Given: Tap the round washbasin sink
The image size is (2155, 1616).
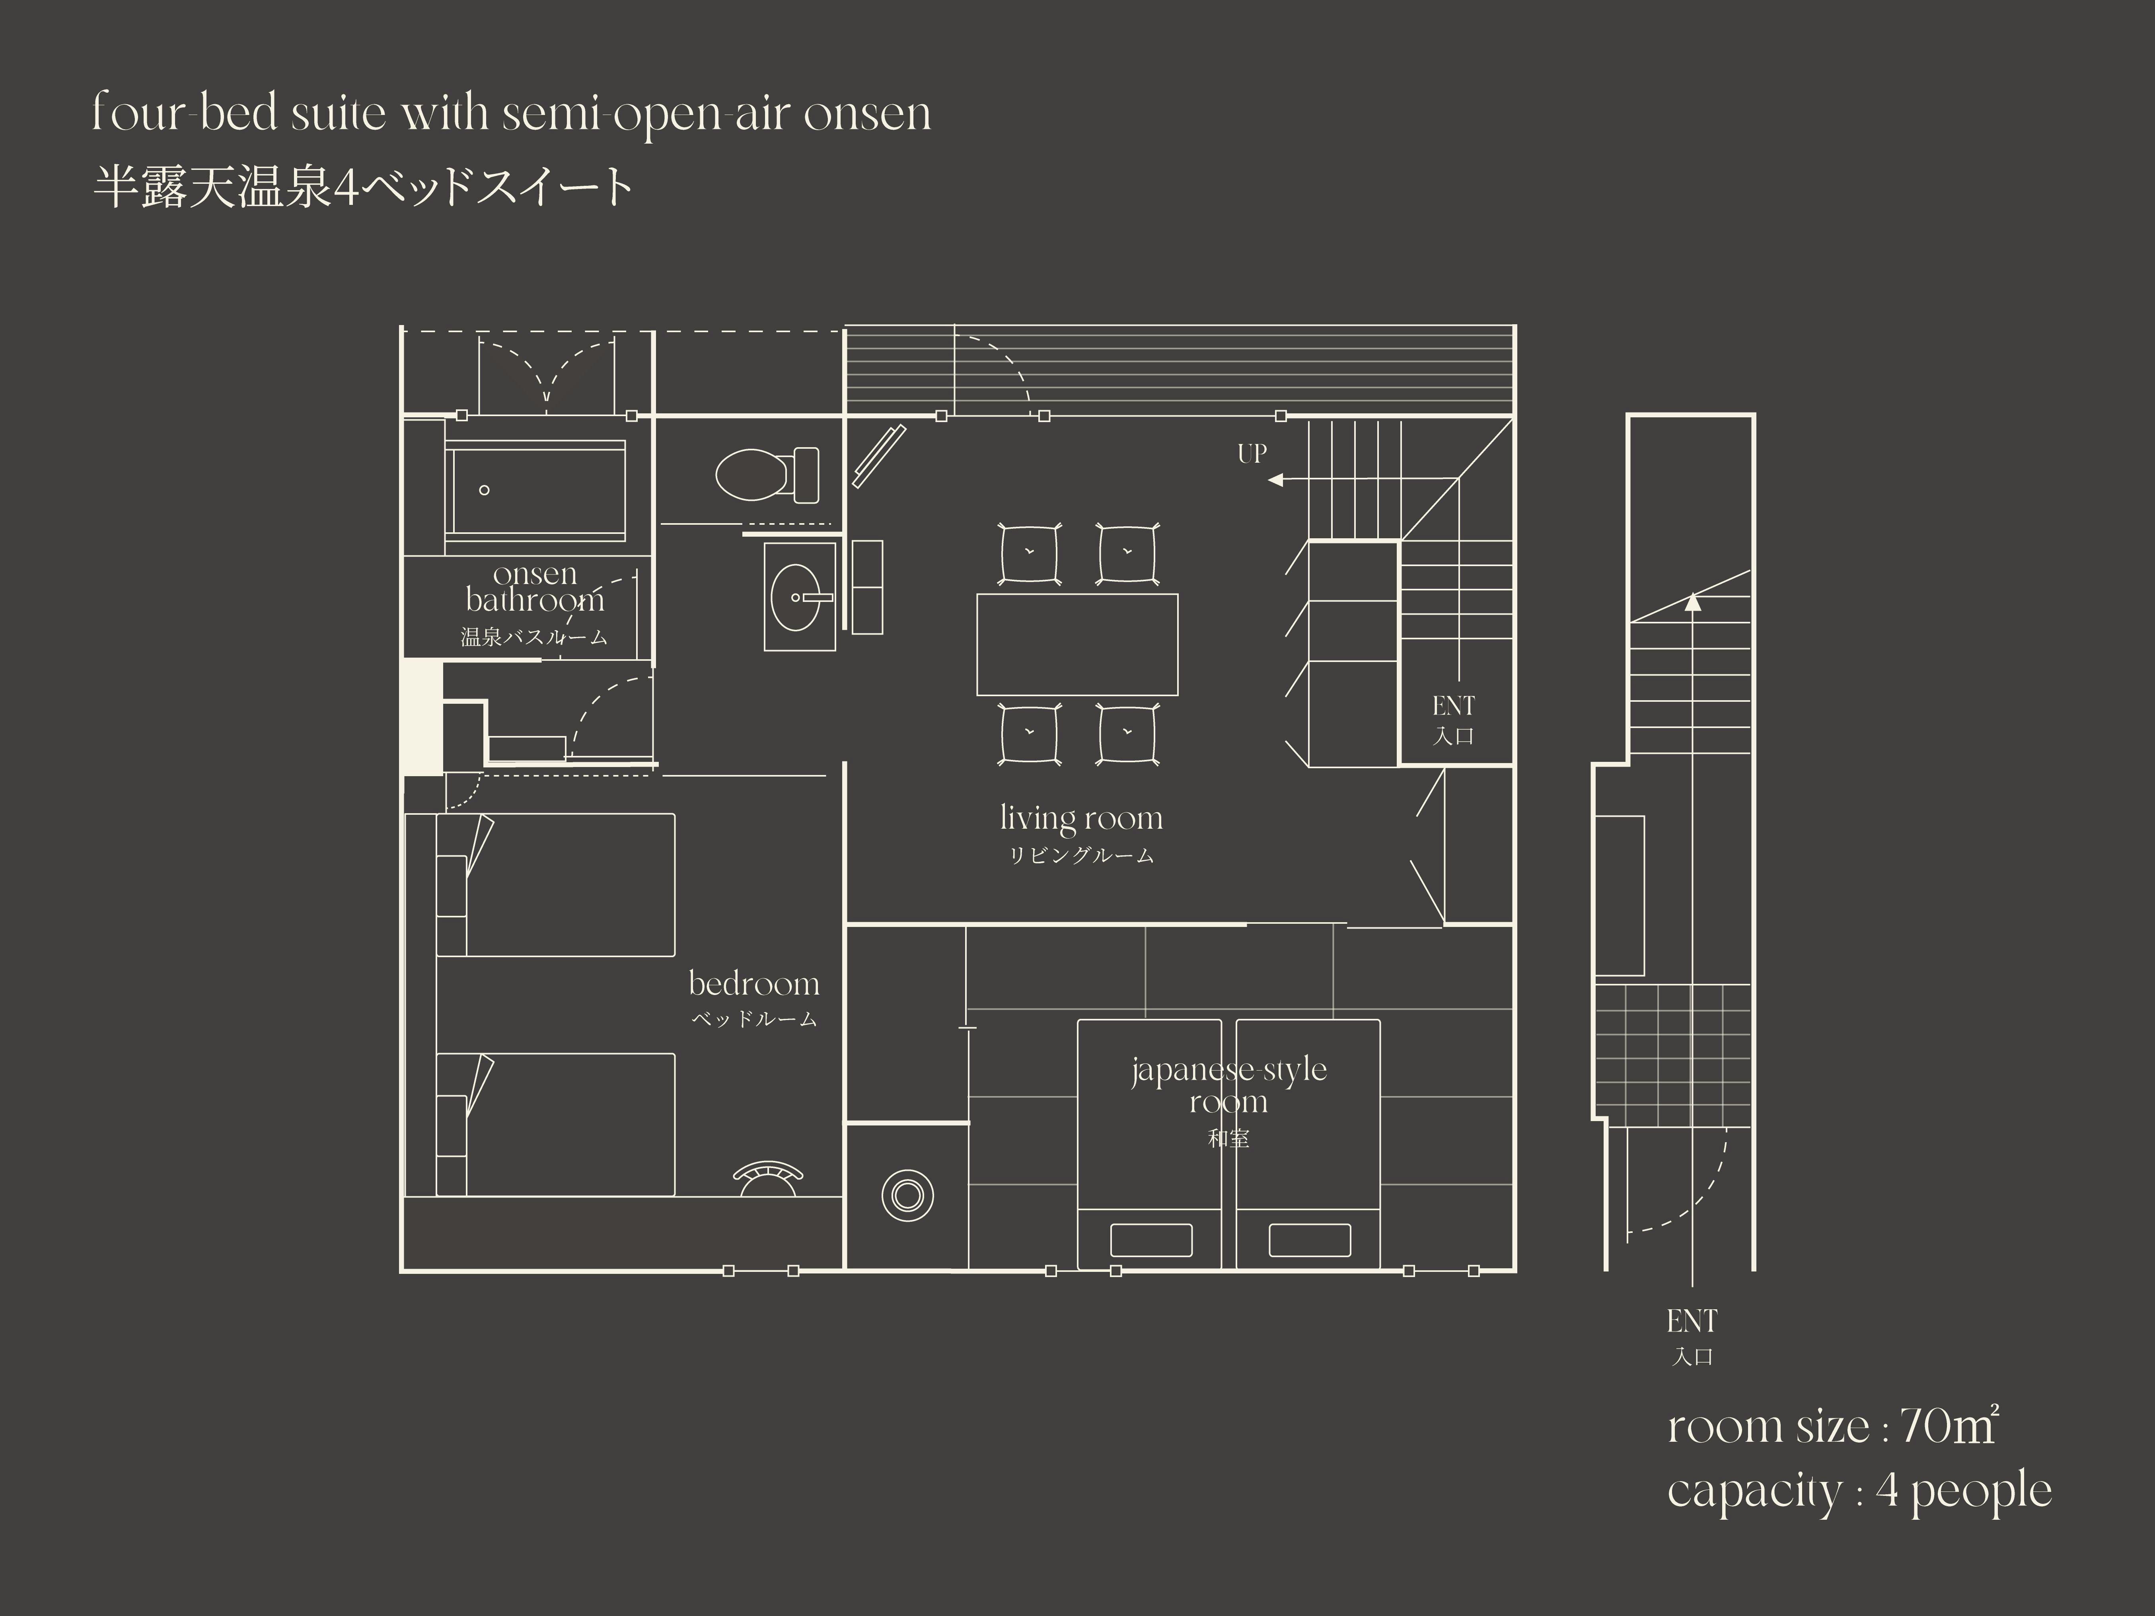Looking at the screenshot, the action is [800, 596].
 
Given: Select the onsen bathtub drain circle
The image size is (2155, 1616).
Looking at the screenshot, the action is [484, 490].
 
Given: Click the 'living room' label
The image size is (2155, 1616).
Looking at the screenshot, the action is [1081, 818].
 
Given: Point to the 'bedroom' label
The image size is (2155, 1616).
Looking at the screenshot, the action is [754, 984].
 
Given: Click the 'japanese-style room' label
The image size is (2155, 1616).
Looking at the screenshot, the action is [1228, 1085].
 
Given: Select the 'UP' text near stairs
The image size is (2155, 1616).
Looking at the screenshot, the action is [1252, 453].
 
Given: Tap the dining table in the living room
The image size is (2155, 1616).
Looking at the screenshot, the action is [1077, 644].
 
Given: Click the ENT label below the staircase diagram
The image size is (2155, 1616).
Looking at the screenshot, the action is [1692, 1322].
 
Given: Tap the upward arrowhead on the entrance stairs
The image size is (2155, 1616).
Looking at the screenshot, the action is [1693, 602].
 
